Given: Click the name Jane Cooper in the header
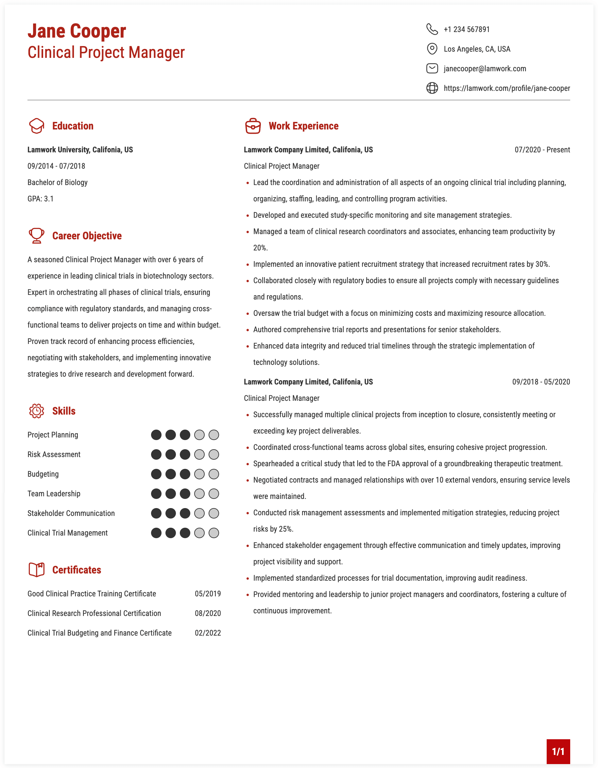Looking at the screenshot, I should (x=77, y=31).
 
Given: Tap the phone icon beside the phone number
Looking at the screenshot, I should (x=432, y=29).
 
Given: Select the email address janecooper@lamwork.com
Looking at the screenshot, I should (x=485, y=69).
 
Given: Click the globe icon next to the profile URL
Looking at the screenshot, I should (x=432, y=88).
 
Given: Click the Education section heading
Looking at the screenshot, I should (x=73, y=126).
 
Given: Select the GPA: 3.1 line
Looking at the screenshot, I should (x=41, y=199).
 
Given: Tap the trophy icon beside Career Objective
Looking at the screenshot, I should (x=36, y=235).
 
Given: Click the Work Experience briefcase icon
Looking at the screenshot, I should (x=253, y=126).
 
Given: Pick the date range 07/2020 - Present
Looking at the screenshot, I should (x=542, y=150).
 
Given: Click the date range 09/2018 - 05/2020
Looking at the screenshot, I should (x=541, y=382).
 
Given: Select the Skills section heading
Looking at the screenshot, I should (x=64, y=411).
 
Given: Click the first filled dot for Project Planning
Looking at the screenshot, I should (x=156, y=435).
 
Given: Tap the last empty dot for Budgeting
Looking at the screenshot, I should (x=214, y=474).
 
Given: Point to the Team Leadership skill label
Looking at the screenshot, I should (x=54, y=494).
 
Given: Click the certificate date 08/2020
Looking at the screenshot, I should (x=208, y=613).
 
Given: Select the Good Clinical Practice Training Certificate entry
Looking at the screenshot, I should (x=92, y=594).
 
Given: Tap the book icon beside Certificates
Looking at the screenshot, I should (x=36, y=570).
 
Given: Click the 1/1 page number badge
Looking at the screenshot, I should (x=558, y=751).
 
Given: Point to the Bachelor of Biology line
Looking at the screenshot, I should (x=57, y=182).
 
